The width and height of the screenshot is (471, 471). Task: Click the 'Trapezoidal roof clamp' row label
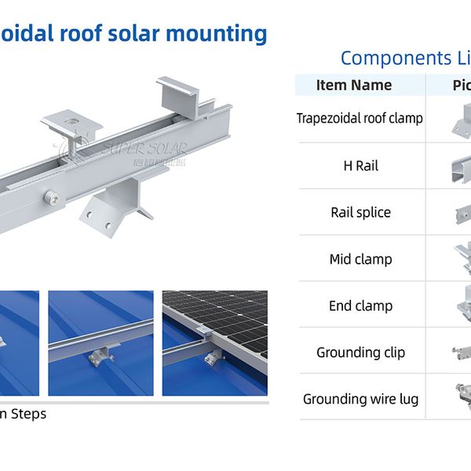[360, 119]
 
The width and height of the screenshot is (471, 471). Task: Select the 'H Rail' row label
[360, 166]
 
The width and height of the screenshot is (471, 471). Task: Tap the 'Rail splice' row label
[360, 212]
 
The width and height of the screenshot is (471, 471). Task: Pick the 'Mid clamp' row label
[360, 259]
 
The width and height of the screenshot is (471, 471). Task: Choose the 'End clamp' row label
[360, 305]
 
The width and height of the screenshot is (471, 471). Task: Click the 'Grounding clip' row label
[360, 352]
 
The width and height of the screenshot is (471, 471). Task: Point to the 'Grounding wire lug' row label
[360, 399]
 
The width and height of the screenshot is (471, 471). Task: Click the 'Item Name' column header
[353, 85]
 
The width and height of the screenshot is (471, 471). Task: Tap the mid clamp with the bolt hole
[70, 122]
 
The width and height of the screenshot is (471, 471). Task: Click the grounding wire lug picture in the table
[460, 396]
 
